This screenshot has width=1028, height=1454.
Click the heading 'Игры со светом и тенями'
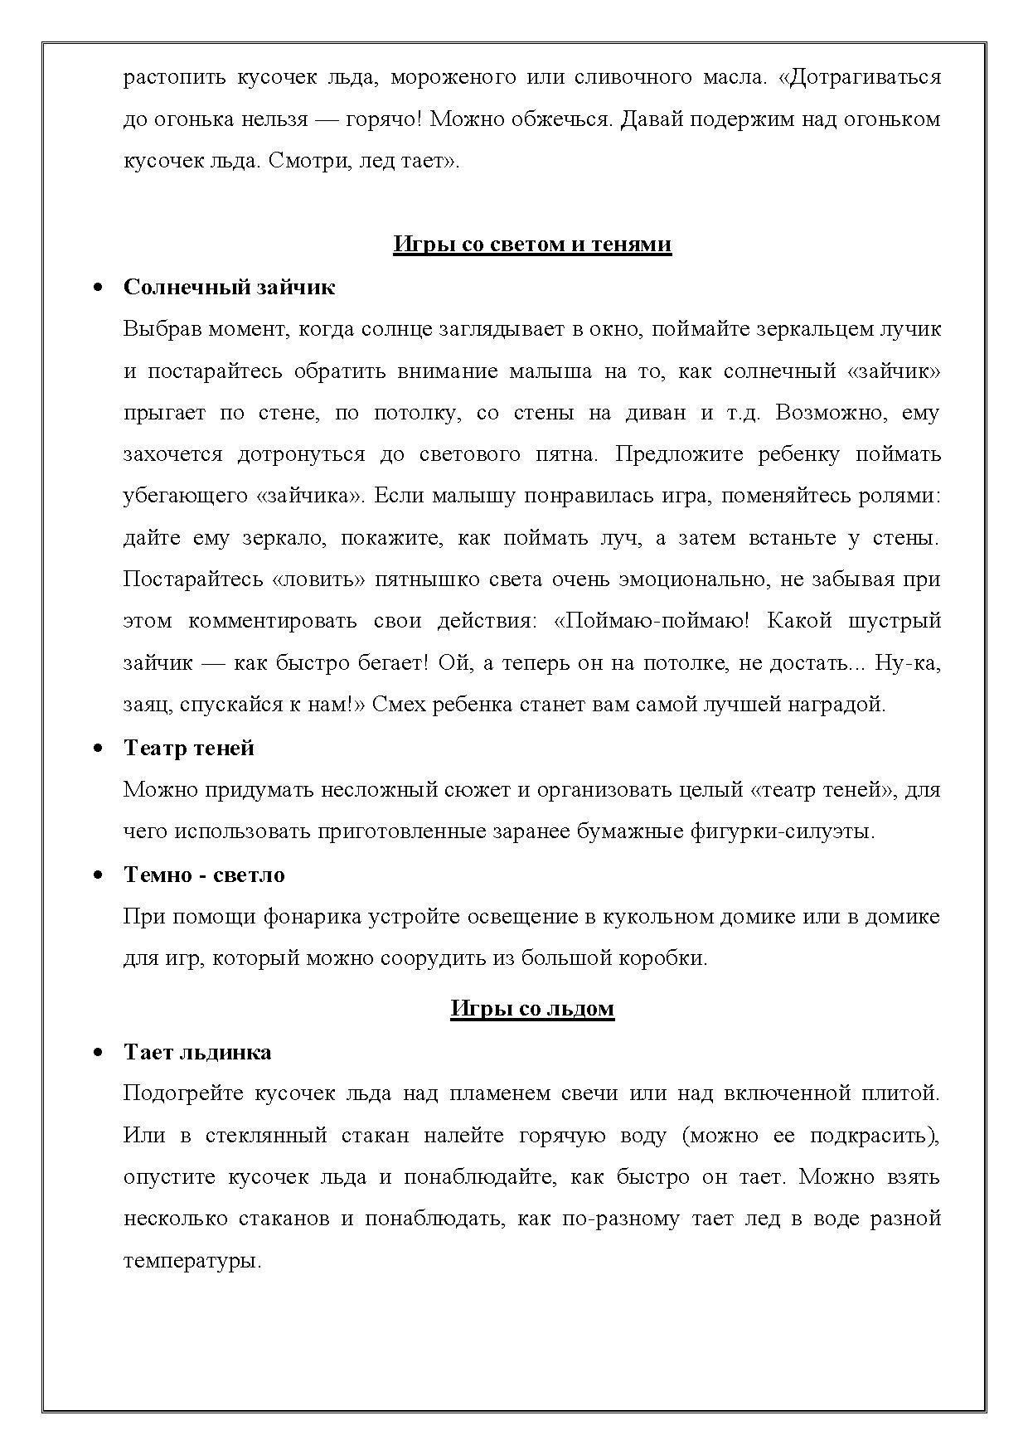[x=531, y=245]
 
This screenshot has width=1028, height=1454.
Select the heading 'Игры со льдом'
[x=532, y=1008]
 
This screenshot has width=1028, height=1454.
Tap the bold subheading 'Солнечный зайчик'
[x=229, y=287]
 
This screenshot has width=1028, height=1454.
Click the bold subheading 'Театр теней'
[x=188, y=748]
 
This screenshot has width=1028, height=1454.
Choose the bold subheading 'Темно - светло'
[x=204, y=875]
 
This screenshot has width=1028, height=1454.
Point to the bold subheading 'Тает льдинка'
[x=197, y=1052]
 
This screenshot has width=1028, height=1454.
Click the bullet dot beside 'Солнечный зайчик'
[x=99, y=288]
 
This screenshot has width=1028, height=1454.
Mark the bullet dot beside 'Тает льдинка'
[x=99, y=1053]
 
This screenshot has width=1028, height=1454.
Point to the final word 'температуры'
[x=192, y=1262]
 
